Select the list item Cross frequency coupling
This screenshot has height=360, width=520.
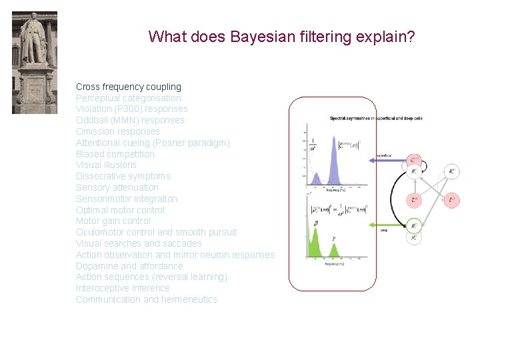[x=128, y=87]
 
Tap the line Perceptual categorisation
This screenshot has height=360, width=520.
[x=128, y=98]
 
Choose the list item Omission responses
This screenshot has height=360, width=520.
[x=117, y=132]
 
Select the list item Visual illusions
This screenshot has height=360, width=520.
[x=106, y=165]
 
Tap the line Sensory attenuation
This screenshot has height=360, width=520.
[x=117, y=188]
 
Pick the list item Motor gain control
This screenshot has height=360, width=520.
[x=113, y=221]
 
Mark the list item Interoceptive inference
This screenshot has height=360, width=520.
[x=123, y=289]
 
